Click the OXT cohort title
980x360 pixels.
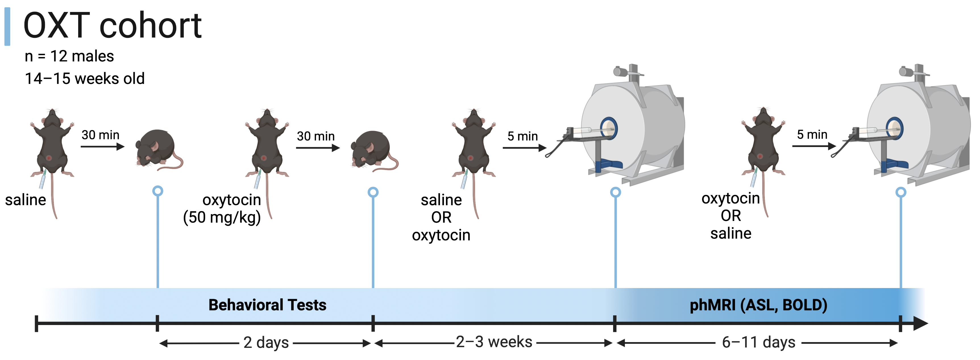click(112, 26)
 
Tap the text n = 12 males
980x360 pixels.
click(69, 56)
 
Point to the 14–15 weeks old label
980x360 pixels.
click(84, 79)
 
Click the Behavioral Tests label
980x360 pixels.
click(267, 305)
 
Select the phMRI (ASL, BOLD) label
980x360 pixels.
click(758, 305)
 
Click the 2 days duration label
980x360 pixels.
click(266, 342)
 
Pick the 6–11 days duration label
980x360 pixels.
click(758, 342)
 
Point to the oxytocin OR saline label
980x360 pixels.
click(730, 216)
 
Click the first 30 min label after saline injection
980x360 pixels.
click(100, 135)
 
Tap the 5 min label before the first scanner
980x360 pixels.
click(522, 136)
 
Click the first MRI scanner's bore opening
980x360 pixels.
click(609, 128)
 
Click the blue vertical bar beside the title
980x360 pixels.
click(7, 27)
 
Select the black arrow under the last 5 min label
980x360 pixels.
click(814, 146)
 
